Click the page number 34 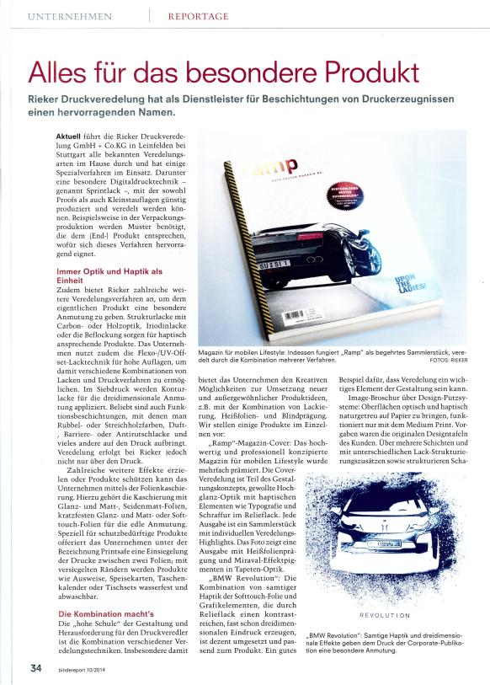tap(36, 668)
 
